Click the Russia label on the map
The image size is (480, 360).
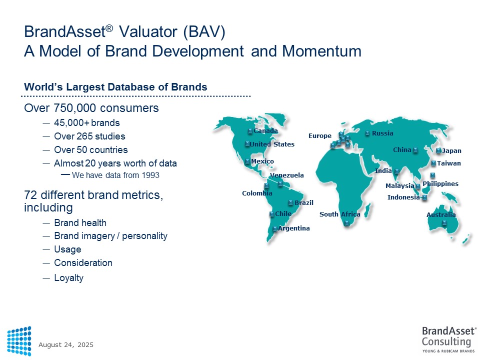click(382, 133)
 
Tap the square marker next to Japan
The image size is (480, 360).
click(438, 150)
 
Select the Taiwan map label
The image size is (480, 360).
click(449, 163)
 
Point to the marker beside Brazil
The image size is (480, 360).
click(291, 202)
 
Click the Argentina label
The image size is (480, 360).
click(294, 228)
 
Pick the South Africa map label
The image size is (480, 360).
click(340, 214)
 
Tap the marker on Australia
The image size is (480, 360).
click(444, 223)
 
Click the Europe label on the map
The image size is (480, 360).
click(320, 135)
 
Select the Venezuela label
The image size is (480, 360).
click(287, 175)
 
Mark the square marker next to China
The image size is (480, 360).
click(415, 150)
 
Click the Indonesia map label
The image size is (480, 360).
click(403, 197)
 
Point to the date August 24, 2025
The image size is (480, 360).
click(66, 344)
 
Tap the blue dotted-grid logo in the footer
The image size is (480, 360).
click(19, 341)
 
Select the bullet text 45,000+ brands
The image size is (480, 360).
click(87, 123)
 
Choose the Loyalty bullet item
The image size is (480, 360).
click(69, 277)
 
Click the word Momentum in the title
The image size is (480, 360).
click(321, 51)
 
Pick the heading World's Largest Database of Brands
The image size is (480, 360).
click(115, 87)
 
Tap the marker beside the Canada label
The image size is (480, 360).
click(250, 131)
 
